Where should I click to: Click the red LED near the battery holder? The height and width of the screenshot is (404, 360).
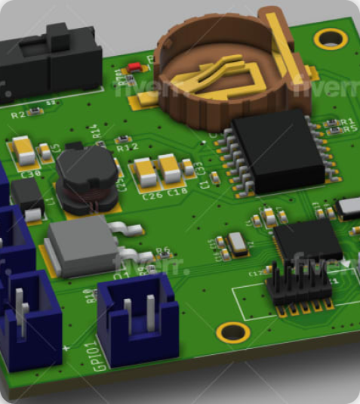click(134, 66)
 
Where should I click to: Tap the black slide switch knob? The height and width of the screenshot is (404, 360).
click(56, 34)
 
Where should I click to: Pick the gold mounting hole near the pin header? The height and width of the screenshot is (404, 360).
click(232, 332)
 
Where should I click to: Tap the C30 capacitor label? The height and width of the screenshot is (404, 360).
click(31, 174)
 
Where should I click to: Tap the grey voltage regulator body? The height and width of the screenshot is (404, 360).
click(82, 245)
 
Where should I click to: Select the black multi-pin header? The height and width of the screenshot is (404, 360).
click(302, 285)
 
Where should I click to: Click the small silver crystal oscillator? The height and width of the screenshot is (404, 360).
click(237, 242)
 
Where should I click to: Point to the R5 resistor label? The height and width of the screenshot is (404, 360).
click(349, 129)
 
